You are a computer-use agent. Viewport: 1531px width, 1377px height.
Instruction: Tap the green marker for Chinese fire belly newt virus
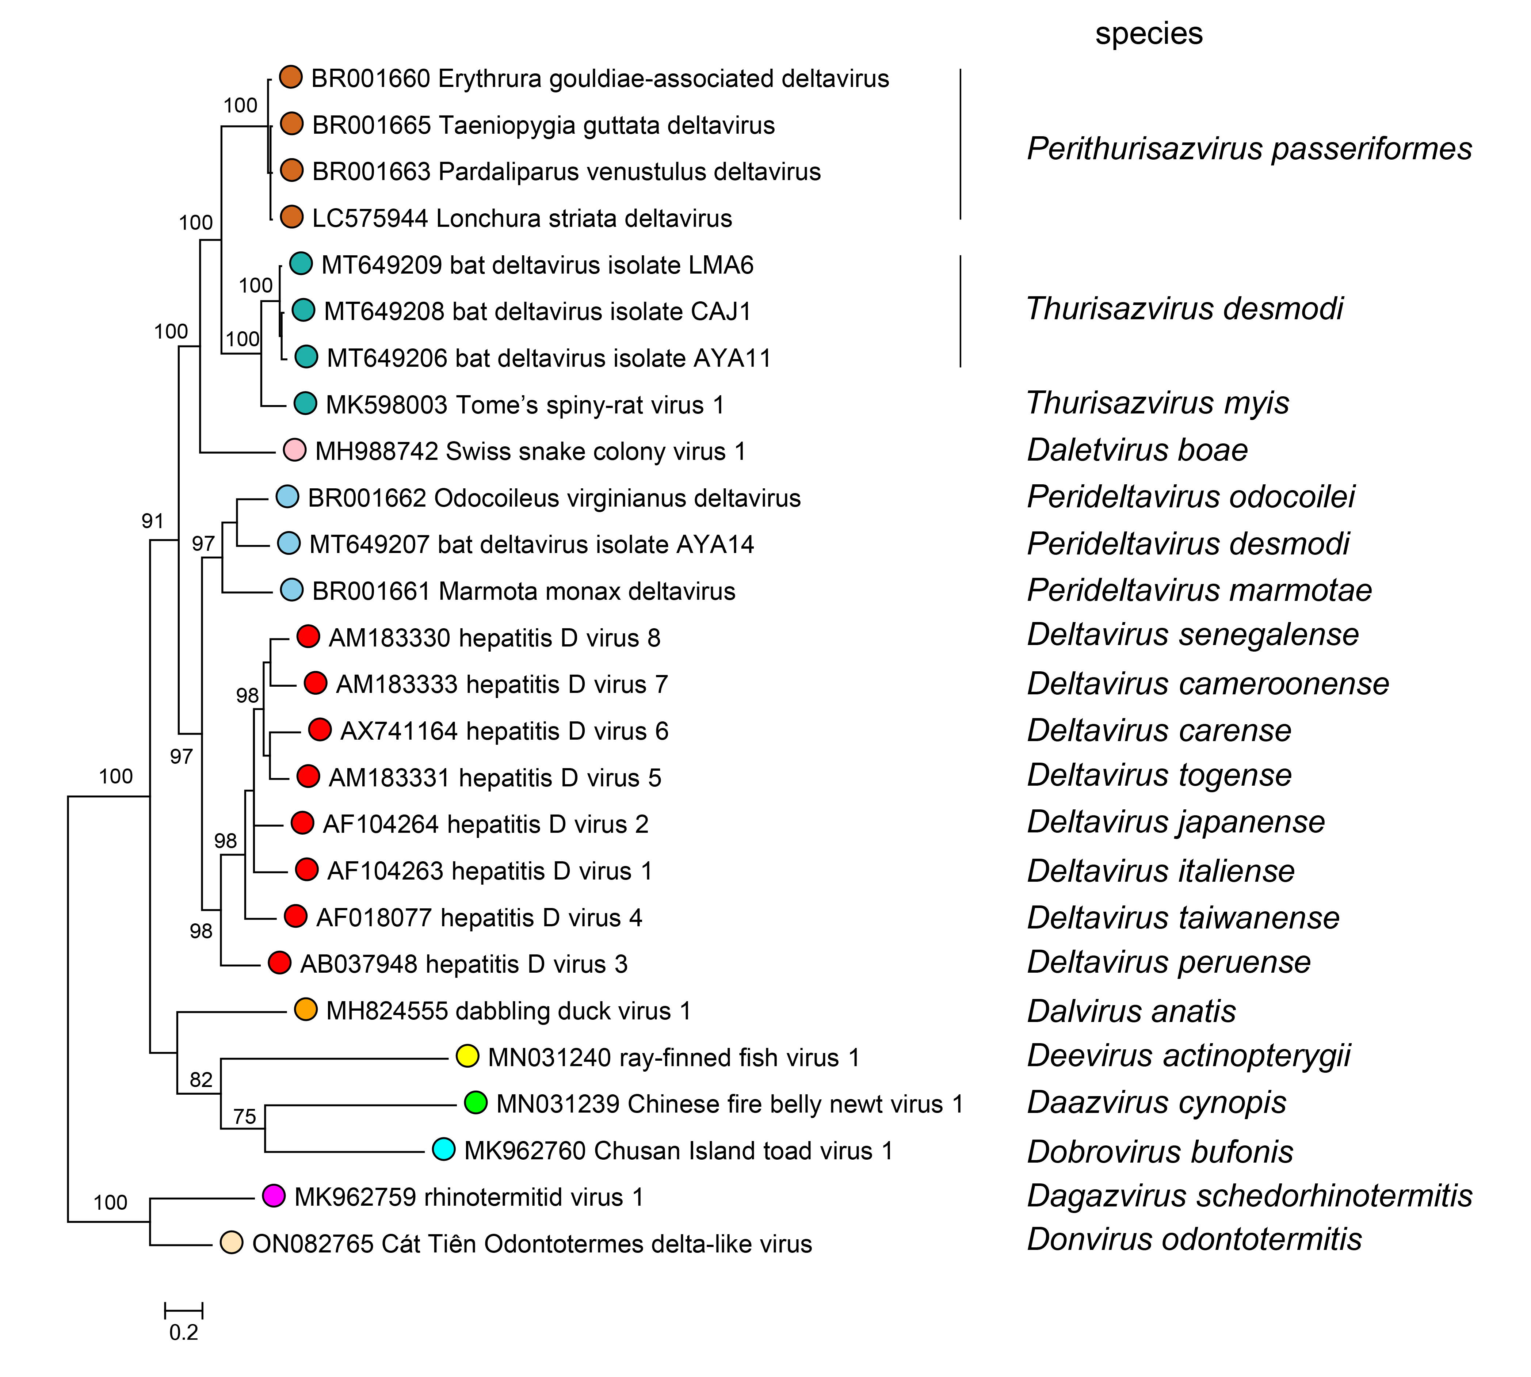click(476, 1102)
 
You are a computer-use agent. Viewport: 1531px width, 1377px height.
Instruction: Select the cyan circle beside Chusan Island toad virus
click(443, 1149)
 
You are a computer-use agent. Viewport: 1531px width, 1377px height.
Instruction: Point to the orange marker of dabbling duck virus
click(306, 1009)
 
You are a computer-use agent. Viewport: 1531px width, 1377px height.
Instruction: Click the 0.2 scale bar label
click(184, 1332)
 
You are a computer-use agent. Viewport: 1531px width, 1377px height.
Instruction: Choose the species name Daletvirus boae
click(1137, 450)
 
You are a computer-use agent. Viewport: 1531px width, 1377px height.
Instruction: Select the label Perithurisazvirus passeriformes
click(1249, 149)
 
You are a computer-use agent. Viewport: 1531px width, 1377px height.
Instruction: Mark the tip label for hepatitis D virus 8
click(494, 638)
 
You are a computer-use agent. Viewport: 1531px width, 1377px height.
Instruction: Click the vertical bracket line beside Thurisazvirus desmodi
click(961, 311)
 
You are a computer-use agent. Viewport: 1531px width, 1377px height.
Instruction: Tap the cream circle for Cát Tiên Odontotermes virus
click(232, 1242)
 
